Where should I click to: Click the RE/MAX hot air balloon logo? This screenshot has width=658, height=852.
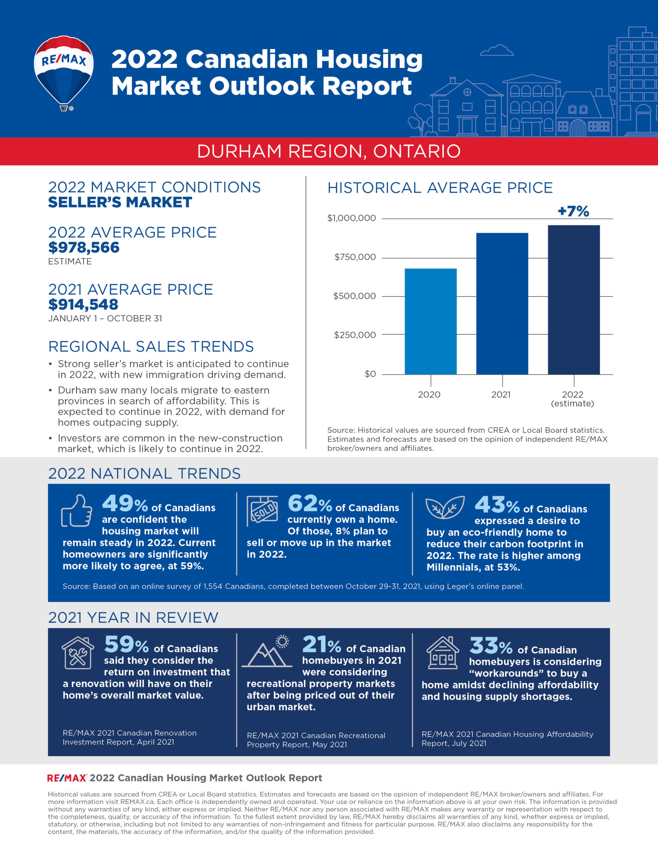tap(64, 73)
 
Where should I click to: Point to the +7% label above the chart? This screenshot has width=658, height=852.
tap(573, 211)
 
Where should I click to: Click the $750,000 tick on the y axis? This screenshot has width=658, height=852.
tap(355, 257)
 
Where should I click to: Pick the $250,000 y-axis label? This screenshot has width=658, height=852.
tap(355, 335)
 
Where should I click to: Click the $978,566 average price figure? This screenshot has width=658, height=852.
tap(84, 247)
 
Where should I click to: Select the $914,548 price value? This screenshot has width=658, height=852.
tap(83, 304)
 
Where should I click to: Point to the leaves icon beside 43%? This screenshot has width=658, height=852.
tap(445, 507)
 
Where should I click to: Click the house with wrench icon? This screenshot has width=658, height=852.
tap(78, 653)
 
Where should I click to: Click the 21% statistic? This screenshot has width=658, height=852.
tap(321, 644)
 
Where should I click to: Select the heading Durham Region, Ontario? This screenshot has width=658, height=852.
tap(329, 151)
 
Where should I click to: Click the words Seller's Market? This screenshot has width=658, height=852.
tap(120, 202)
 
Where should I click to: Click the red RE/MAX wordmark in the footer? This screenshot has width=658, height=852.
tap(67, 778)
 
